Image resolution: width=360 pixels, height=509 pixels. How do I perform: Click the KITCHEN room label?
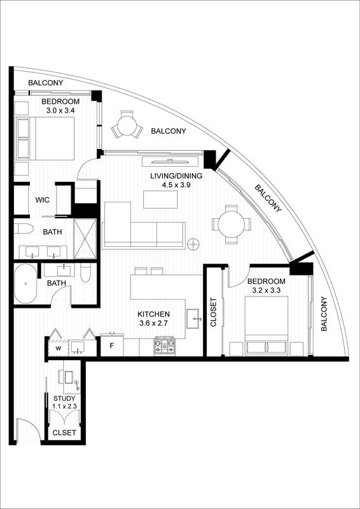(x=153, y=314)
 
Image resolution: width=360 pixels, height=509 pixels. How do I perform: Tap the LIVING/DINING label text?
(x=176, y=176)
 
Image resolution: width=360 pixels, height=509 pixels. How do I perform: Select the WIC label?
(x=42, y=200)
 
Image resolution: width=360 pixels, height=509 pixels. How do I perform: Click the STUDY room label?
(x=64, y=398)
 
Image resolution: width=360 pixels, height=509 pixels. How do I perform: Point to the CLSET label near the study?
(x=64, y=433)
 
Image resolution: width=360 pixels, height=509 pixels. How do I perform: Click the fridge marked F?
(x=112, y=345)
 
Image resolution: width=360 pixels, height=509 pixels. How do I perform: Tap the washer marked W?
(x=59, y=348)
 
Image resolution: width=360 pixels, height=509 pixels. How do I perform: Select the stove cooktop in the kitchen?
(x=165, y=346)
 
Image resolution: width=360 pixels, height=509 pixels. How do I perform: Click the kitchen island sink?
(x=195, y=319)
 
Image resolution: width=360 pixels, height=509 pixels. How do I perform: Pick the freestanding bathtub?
(x=26, y=283)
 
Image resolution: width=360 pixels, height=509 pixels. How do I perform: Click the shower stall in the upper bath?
(x=85, y=239)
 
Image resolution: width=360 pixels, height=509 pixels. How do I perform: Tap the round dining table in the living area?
(x=231, y=224)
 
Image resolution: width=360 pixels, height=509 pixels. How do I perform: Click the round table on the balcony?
(x=127, y=125)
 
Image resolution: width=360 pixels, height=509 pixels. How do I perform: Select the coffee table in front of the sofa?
(x=160, y=199)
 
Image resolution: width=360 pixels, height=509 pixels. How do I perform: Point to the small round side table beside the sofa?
(x=194, y=244)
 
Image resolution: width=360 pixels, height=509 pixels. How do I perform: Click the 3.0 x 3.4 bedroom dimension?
(x=60, y=110)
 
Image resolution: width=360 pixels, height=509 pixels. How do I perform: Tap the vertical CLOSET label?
(x=213, y=312)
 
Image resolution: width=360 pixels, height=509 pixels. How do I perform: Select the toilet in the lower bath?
(x=85, y=274)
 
